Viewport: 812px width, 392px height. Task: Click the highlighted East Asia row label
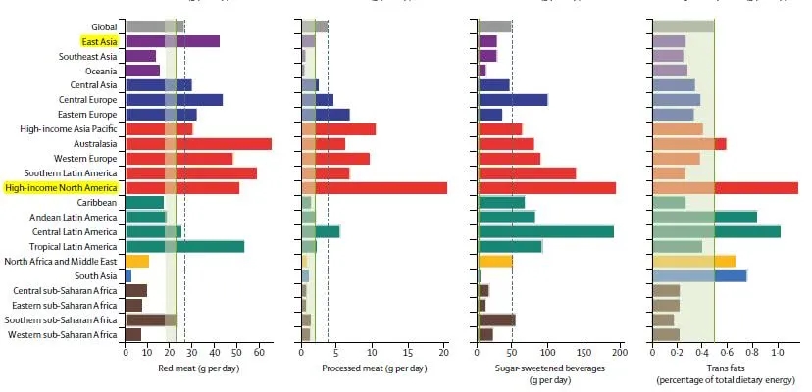(100, 41)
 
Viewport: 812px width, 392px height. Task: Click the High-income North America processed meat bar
(374, 187)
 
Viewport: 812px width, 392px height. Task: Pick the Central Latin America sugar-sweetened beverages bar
(545, 231)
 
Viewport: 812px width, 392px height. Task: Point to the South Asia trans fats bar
(700, 275)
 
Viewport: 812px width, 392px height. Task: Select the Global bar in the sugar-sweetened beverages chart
(494, 26)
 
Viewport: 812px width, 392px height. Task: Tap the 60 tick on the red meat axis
(259, 351)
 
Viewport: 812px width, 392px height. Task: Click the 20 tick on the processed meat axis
(444, 351)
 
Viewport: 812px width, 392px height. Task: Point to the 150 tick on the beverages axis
(584, 351)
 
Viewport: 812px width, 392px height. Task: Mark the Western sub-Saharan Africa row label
(65, 334)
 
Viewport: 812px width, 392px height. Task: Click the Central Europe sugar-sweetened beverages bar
(512, 99)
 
